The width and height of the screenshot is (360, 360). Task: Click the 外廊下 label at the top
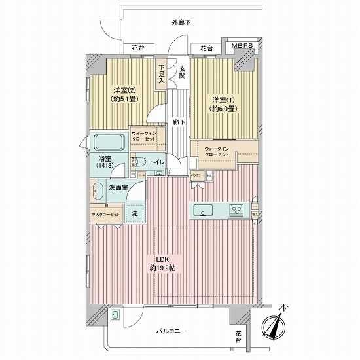(x=181, y=22)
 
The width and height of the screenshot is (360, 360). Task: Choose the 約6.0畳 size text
(x=224, y=109)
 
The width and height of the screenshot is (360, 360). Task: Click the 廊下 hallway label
(x=177, y=122)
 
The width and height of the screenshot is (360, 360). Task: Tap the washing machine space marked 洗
(x=135, y=213)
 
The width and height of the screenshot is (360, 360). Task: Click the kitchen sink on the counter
(x=202, y=211)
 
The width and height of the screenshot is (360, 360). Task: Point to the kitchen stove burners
(x=236, y=211)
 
